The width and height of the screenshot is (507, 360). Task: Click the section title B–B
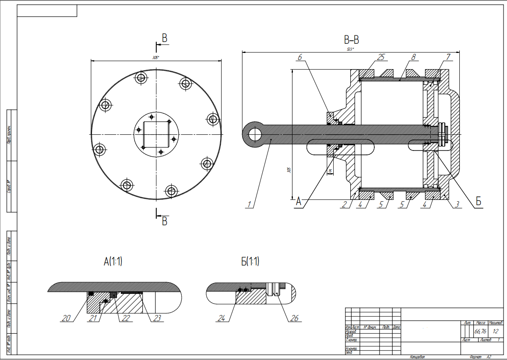pos(352,41)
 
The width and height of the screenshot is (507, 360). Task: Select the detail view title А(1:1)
pos(113,262)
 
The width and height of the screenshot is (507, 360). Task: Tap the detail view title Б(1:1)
pos(250,262)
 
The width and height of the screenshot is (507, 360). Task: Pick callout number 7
pos(448,57)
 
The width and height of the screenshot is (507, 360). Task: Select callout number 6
pos(300,57)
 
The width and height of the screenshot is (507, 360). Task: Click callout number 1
pos(250,204)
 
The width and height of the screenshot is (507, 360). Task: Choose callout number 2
pos(345,204)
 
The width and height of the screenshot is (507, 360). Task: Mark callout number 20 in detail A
pos(66,318)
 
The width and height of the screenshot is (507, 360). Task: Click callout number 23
pos(155,318)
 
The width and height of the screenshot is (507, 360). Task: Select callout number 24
pos(222,318)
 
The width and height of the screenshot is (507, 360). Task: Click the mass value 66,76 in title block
pos(480,331)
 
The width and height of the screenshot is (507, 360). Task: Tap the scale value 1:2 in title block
pos(496,331)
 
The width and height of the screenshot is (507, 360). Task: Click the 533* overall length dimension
pos(350,49)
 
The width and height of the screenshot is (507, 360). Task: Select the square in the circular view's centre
pos(156,134)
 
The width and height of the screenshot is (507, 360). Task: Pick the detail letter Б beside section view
pos(479,202)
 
